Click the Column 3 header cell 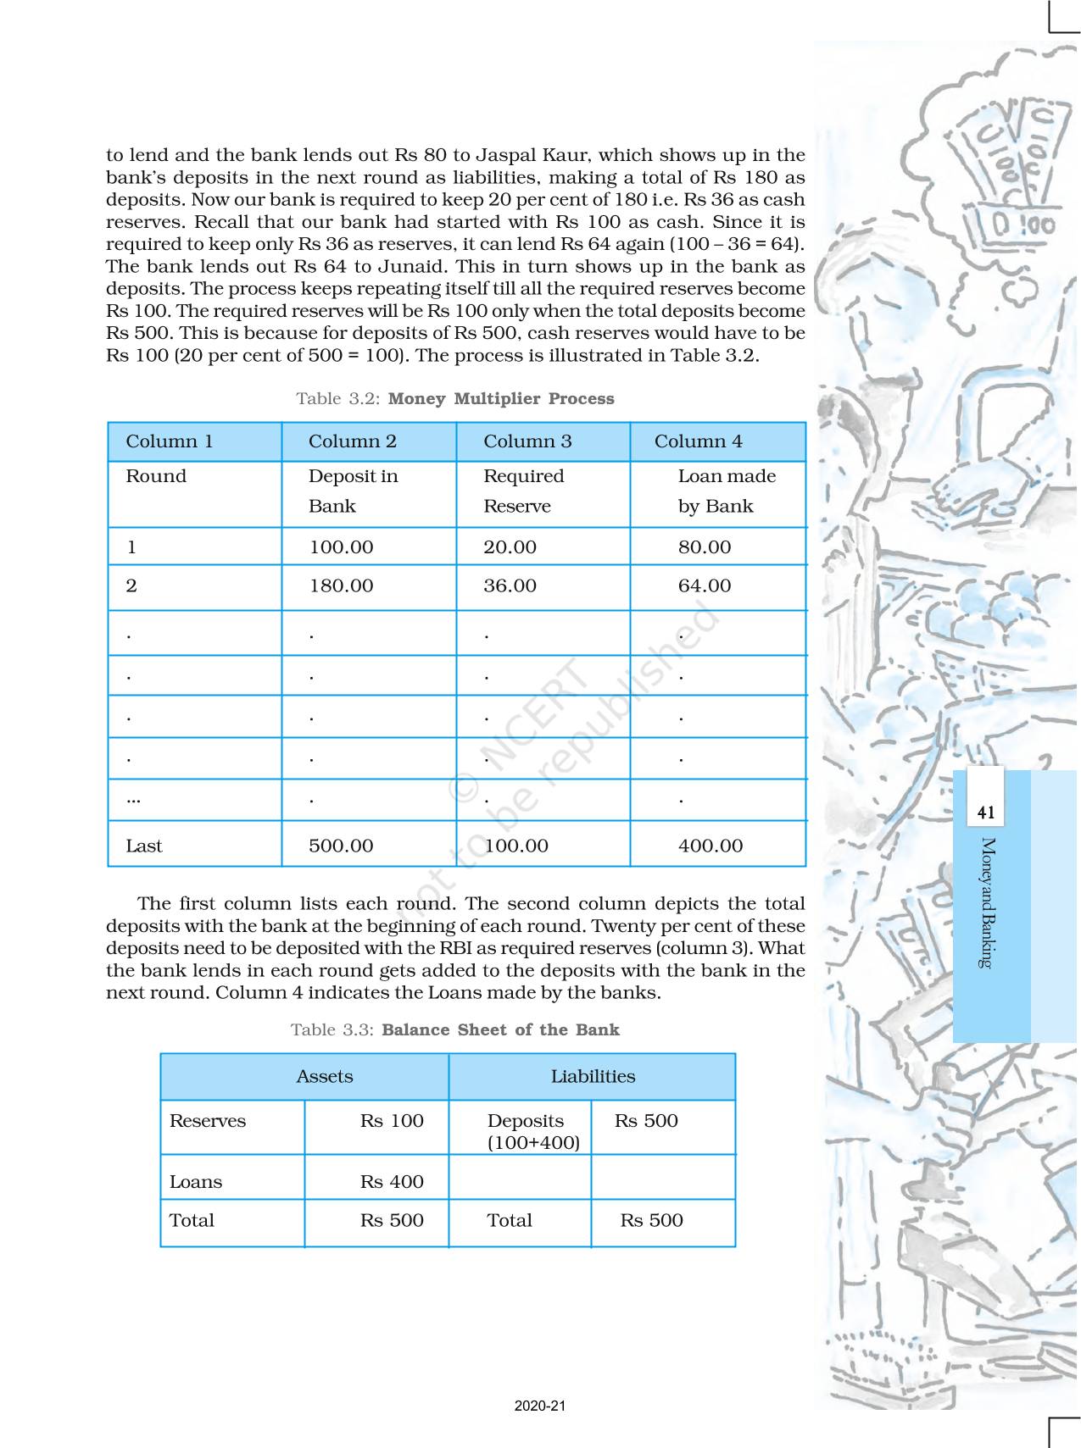pos(527,441)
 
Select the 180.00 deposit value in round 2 pos(341,585)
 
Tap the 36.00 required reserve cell pos(510,585)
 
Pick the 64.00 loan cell pos(704,585)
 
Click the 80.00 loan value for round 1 pos(704,547)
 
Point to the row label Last pos(144,846)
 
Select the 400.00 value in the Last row pos(710,846)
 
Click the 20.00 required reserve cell pos(510,547)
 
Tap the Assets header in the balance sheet pos(324,1077)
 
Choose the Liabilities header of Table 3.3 pos(593,1077)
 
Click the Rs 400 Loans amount pos(392,1182)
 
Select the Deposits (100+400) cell pos(532,1131)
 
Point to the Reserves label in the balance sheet pos(208,1121)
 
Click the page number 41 pos(986,813)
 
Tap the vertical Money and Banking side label pos(987,902)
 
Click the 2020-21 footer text pos(540,1406)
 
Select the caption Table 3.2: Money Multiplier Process pos(454,399)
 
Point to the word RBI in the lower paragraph pos(455,948)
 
